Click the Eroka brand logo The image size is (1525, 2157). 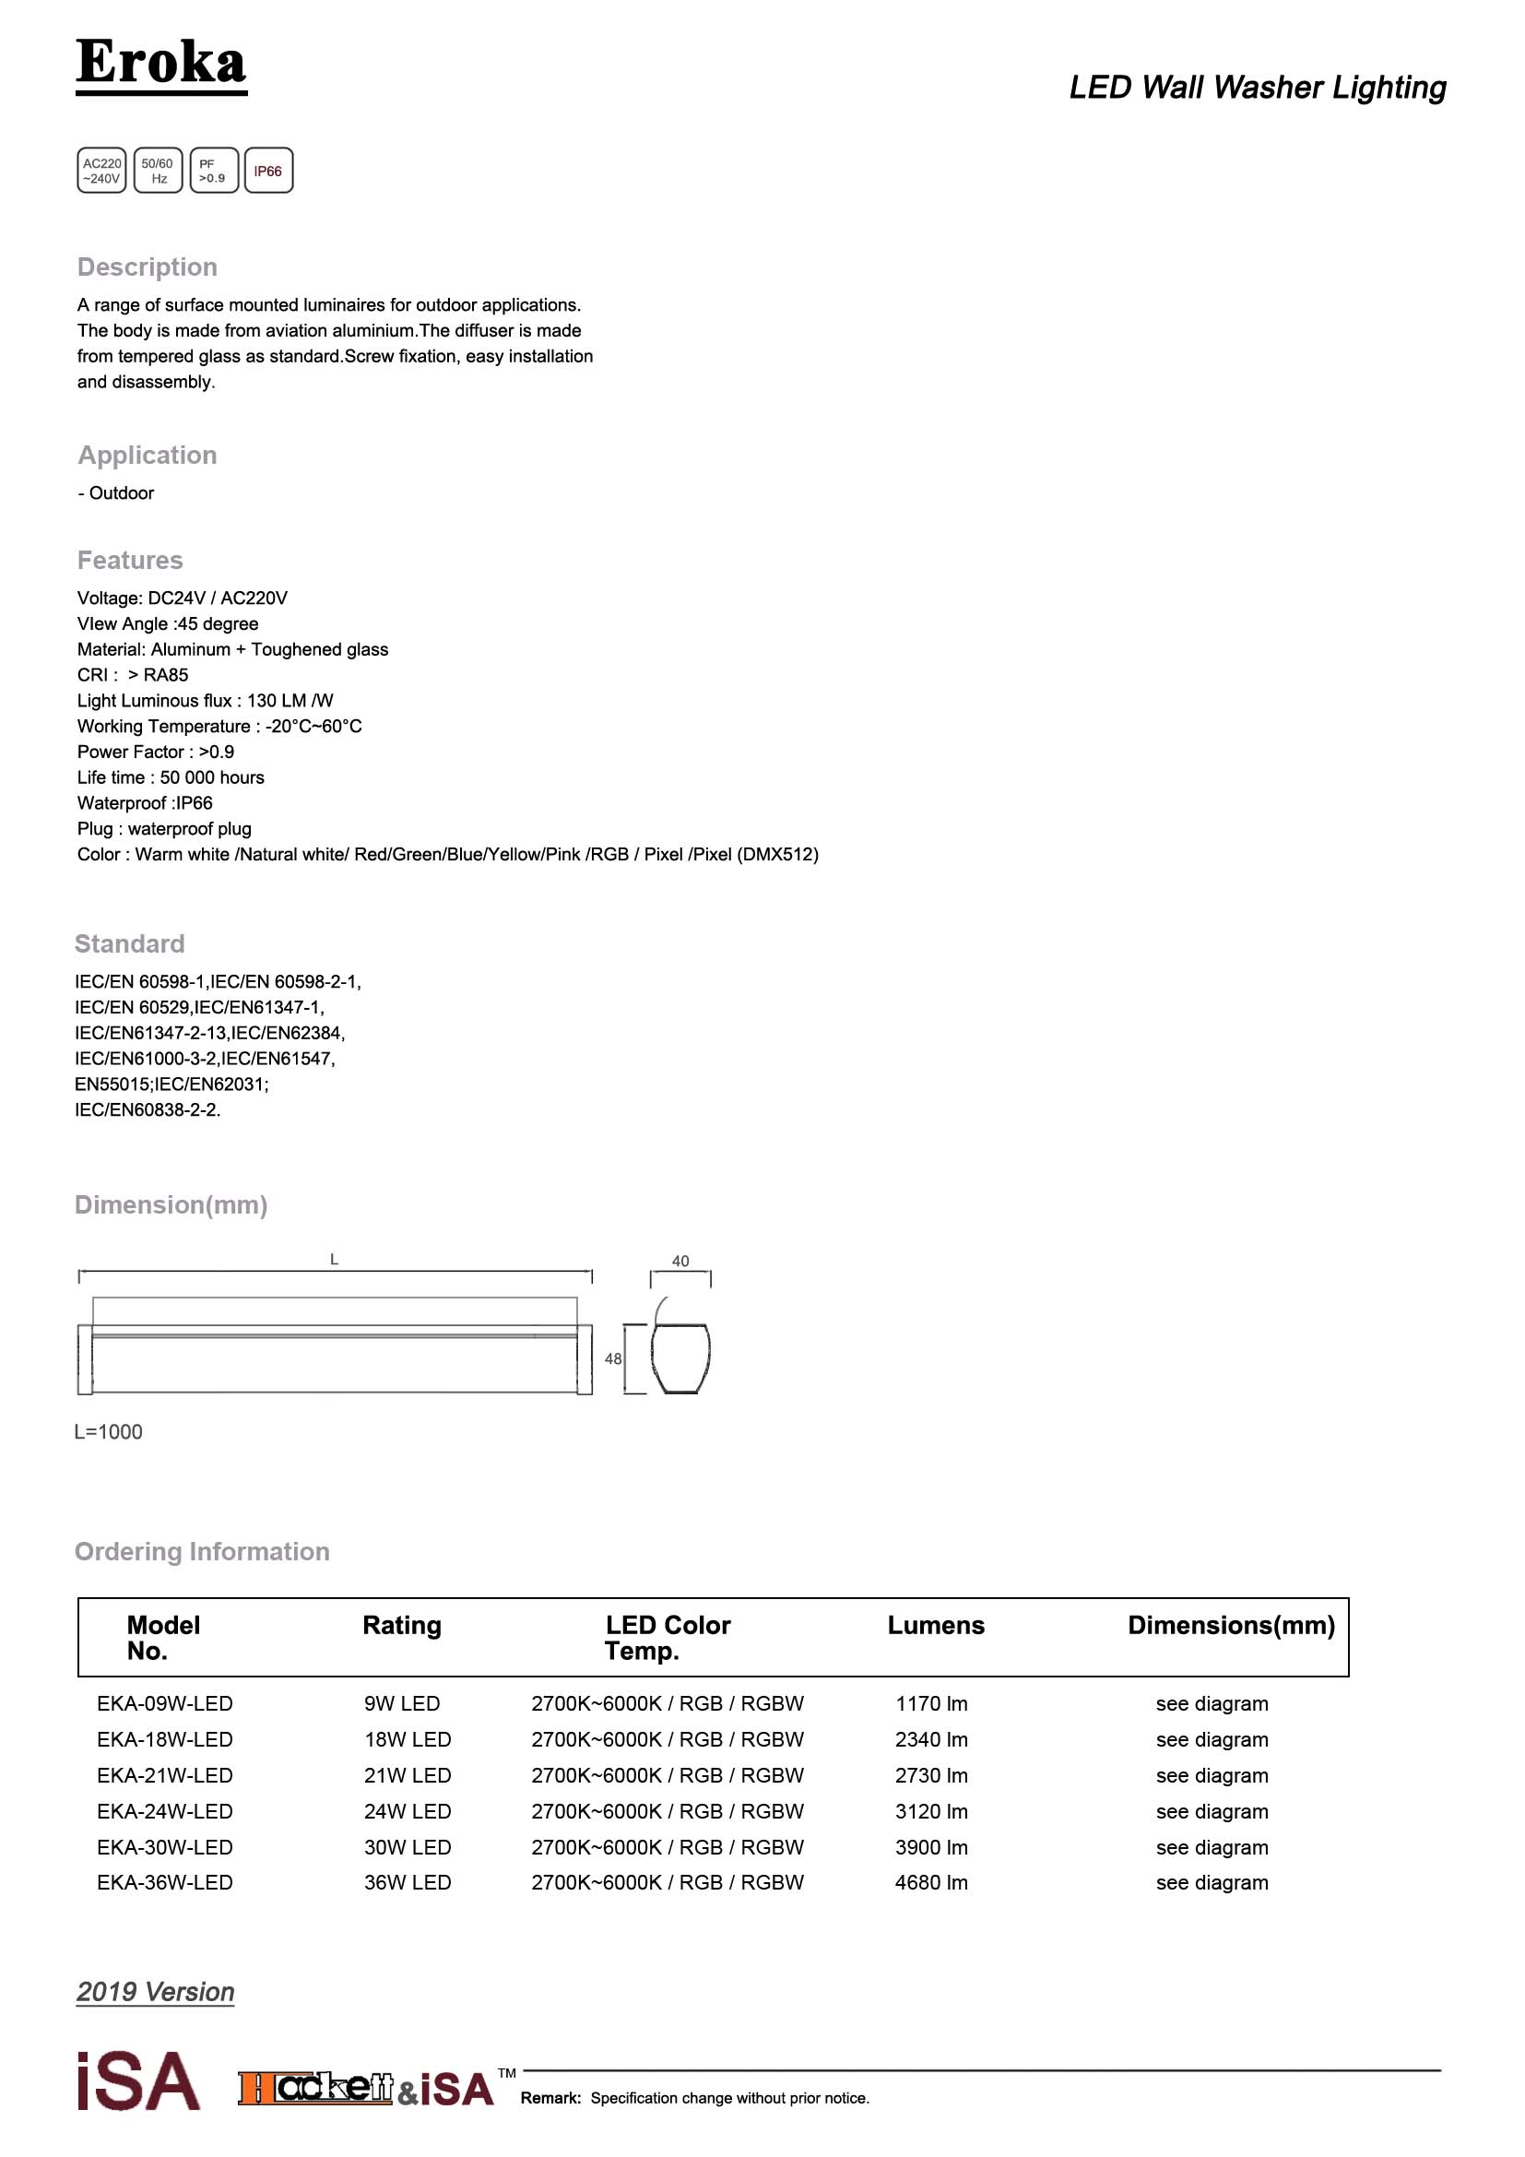coord(160,64)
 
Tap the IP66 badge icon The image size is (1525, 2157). coord(268,171)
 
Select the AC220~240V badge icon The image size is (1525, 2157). coord(101,171)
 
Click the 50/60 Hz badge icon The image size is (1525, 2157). coord(158,171)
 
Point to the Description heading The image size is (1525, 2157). coord(148,267)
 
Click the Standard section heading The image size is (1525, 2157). coord(130,943)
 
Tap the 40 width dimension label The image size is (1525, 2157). coord(680,1261)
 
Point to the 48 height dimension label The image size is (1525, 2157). coord(613,1358)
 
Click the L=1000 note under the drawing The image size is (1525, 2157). coord(109,1432)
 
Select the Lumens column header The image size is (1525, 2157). coord(935,1625)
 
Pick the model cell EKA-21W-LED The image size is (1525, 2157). coord(164,1775)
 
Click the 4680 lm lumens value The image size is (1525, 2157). coord(930,1883)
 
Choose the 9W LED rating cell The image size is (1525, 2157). coord(402,1703)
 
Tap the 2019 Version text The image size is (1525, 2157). coord(156,1992)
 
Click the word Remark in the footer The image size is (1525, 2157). coord(550,2098)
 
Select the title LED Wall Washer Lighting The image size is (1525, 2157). coord(1258,88)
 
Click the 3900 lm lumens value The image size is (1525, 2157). coord(930,1847)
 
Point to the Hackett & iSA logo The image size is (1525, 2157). coord(366,2089)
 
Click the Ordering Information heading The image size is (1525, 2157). coord(202,1551)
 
